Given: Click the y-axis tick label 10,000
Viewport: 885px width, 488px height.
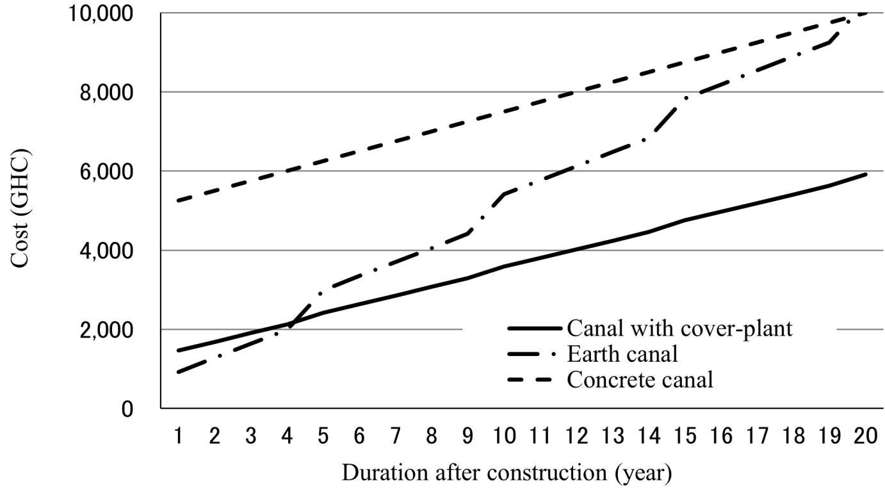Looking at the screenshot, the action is coord(101,13).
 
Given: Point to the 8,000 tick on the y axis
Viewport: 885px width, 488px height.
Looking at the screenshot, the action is coord(106,94).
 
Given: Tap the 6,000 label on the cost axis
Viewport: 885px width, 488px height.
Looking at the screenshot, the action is coord(106,172).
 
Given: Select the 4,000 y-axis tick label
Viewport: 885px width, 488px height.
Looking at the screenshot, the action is coord(106,251).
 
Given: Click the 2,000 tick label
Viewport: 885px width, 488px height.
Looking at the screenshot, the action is coord(106,330).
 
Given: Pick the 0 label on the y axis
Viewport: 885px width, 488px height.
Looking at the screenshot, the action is coord(127,409).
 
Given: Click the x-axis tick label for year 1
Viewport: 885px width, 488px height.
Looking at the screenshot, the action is coord(178,436).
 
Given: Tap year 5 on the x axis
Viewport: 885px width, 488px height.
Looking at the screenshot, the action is coord(323,436).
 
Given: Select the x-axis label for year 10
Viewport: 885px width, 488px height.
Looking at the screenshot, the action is coord(504,436).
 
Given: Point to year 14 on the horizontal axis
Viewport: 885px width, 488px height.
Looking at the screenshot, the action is coord(649,436).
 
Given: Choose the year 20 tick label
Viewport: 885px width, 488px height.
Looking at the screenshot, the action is coord(866,436).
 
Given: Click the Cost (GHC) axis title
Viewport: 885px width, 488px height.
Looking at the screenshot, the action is coord(20,208).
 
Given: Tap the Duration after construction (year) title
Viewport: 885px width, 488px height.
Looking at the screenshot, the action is coord(507,473).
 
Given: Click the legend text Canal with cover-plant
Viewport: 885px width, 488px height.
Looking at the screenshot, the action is coord(679,329).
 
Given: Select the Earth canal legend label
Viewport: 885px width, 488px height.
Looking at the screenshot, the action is coord(622,354).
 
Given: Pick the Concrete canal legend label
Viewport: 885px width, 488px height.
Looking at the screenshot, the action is coord(640,380).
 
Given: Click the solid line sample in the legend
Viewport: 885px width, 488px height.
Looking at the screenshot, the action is coord(535,329).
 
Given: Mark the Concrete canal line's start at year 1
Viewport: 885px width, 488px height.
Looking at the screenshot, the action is coord(178,200).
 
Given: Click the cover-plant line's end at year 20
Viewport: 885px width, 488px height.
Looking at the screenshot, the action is coord(866,174).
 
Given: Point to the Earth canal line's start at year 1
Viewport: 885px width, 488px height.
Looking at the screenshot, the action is coord(178,372).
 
